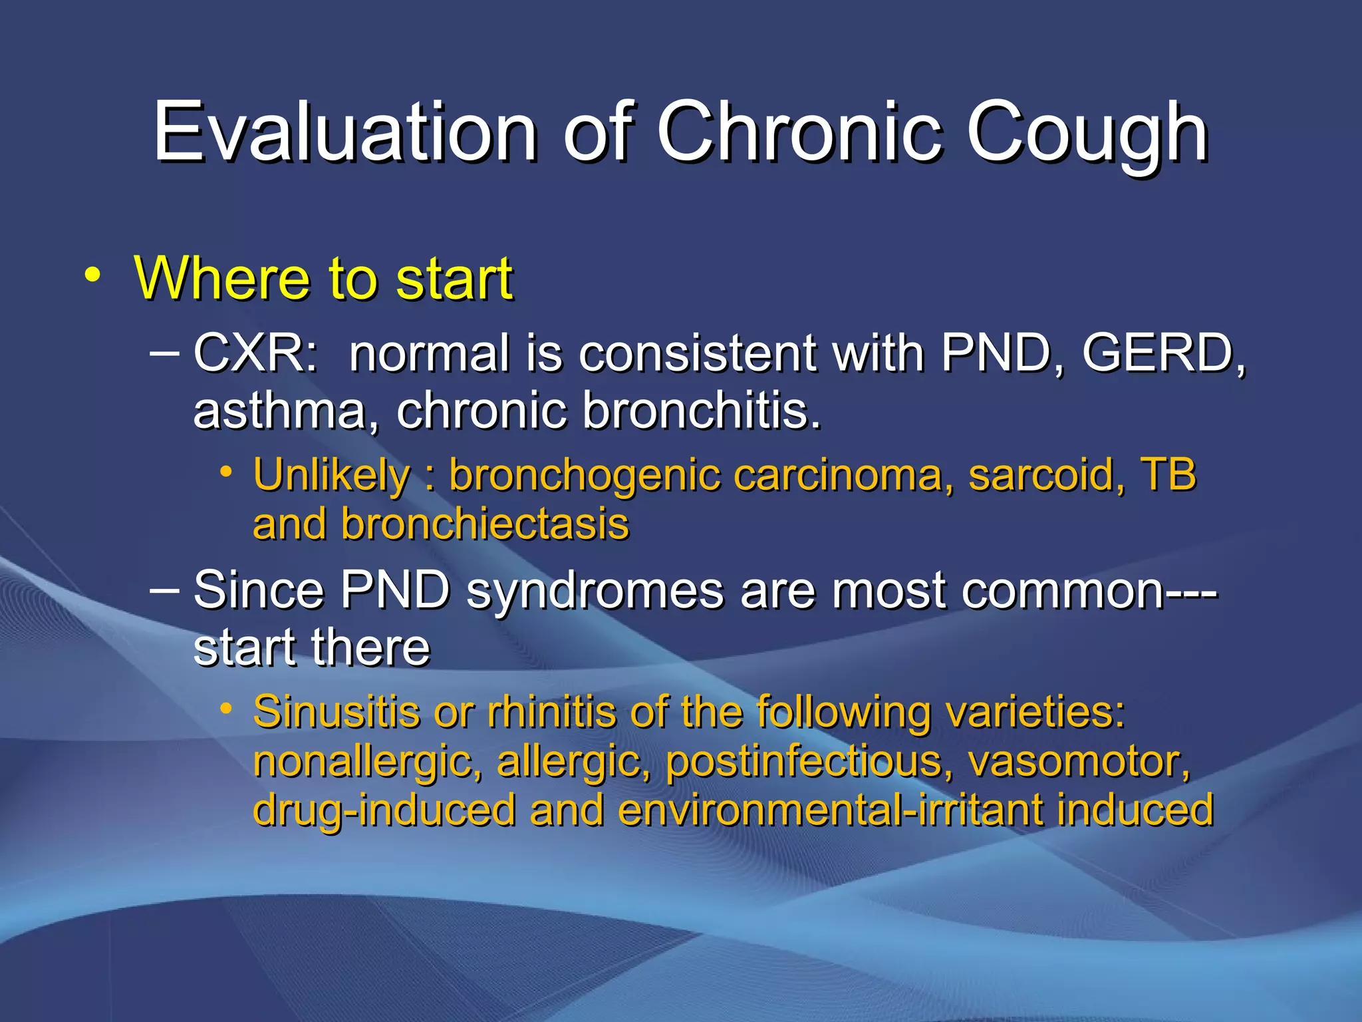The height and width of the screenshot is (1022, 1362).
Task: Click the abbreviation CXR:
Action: [256, 353]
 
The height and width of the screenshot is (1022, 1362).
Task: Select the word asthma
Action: [279, 410]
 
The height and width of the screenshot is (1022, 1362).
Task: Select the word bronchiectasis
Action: [485, 524]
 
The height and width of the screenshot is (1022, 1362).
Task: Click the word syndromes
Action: [595, 590]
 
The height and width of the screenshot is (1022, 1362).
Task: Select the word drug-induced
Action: [384, 810]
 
